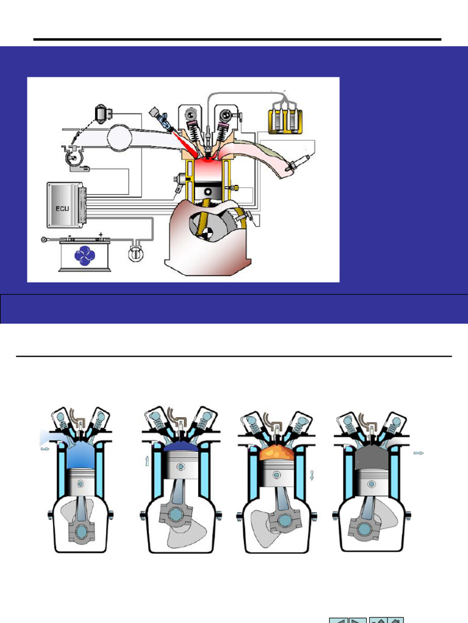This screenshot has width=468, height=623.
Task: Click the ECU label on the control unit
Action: click(62, 209)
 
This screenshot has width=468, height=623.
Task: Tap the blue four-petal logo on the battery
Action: click(84, 256)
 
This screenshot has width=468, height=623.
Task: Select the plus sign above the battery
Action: click(101, 234)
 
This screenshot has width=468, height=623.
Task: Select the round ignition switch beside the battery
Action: click(136, 253)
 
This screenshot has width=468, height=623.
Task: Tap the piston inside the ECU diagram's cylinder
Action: click(207, 192)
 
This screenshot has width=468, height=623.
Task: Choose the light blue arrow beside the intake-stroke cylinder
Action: click(45, 449)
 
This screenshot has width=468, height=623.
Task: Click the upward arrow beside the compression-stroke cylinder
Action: click(147, 461)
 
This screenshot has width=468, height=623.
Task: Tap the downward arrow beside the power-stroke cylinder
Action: click(312, 475)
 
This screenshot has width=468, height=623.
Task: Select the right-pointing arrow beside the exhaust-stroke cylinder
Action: click(419, 453)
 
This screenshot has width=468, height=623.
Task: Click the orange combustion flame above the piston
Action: click(277, 452)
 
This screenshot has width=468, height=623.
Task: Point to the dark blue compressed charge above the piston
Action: click(182, 447)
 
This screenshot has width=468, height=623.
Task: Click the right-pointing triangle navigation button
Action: click(357, 621)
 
